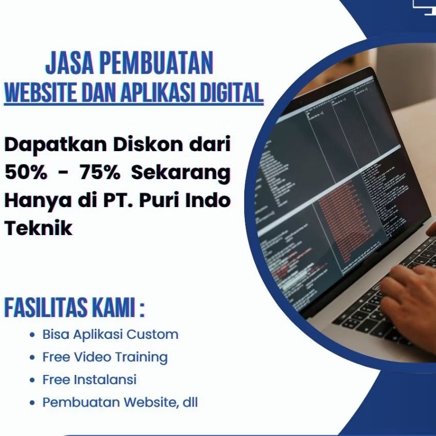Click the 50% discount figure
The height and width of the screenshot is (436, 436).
pyautogui.click(x=27, y=172)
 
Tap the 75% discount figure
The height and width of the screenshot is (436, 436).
pyautogui.click(x=100, y=172)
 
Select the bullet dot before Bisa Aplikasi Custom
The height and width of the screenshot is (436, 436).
pyautogui.click(x=32, y=335)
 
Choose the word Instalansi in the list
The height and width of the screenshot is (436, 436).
pyautogui.click(x=105, y=380)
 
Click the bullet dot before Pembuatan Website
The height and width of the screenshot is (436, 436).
pyautogui.click(x=32, y=403)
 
